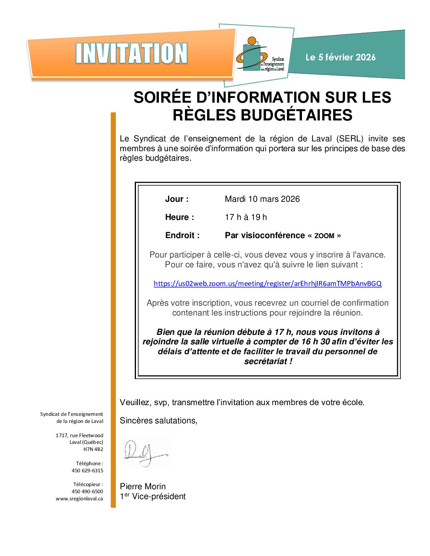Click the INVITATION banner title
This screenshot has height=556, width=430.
pyautogui.click(x=131, y=54)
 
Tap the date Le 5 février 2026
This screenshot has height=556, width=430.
pyautogui.click(x=340, y=57)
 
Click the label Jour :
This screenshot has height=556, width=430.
pyautogui.click(x=177, y=199)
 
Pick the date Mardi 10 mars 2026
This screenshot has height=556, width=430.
pyautogui.click(x=262, y=199)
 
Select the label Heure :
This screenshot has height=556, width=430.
pyautogui.click(x=179, y=217)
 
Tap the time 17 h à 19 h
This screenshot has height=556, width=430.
pyautogui.click(x=246, y=217)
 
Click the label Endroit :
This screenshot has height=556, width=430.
pyautogui.click(x=182, y=235)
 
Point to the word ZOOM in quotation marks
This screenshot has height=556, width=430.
pyautogui.click(x=324, y=236)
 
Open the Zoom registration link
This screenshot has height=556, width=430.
pyautogui.click(x=268, y=284)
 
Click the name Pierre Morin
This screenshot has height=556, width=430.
pyautogui.click(x=143, y=486)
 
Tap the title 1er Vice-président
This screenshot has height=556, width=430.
pyautogui.click(x=153, y=496)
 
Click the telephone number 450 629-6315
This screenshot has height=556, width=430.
pyautogui.click(x=87, y=471)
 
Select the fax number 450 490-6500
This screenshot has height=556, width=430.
pyautogui.click(x=87, y=492)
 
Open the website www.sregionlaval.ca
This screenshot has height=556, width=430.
pyautogui.click(x=79, y=499)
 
